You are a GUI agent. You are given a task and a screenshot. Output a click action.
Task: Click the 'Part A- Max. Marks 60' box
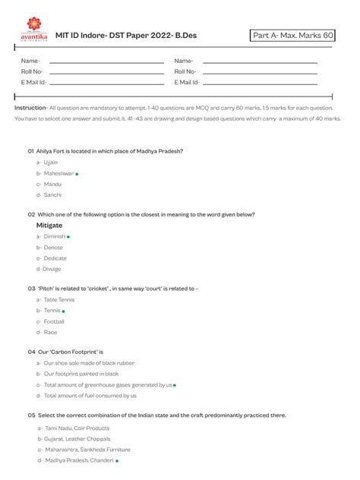(x=292, y=36)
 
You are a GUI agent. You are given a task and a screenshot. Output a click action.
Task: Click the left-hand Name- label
(x=30, y=61)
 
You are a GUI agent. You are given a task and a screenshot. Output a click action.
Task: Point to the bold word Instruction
(x=30, y=108)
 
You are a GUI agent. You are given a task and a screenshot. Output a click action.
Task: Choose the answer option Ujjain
(x=50, y=163)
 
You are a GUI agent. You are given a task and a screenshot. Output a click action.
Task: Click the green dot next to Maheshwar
(x=77, y=174)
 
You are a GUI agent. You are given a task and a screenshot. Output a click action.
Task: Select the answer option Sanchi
(x=52, y=195)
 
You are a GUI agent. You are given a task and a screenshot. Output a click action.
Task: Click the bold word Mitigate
(x=49, y=226)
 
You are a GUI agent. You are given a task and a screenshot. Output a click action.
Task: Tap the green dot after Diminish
(x=69, y=237)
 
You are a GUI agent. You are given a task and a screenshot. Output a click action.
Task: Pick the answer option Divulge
(x=52, y=269)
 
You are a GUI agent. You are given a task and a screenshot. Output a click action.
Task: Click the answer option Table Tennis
(x=60, y=300)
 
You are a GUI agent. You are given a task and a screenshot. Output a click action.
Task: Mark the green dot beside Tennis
(x=64, y=311)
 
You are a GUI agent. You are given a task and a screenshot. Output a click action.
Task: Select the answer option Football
(x=54, y=321)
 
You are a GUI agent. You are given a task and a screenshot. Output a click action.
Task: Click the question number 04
(x=31, y=352)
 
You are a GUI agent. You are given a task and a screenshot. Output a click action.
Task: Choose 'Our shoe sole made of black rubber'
(x=89, y=363)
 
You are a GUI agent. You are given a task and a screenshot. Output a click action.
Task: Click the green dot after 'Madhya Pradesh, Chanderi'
(x=117, y=461)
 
